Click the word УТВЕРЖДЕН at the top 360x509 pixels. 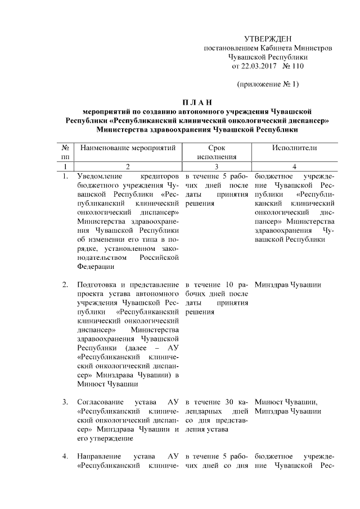point(268,39)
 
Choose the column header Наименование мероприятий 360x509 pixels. point(128,148)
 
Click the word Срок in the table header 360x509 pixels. point(216,148)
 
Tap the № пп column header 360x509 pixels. point(66,152)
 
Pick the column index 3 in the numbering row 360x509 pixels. point(216,167)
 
